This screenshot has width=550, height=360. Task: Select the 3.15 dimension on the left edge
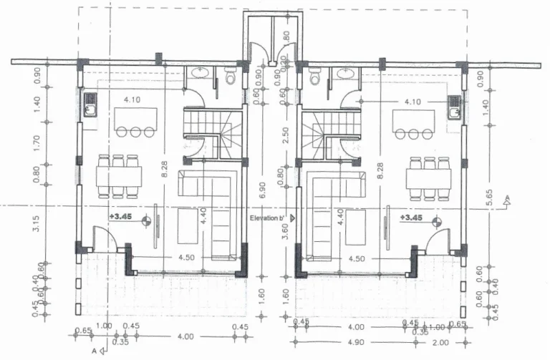(x=37, y=224)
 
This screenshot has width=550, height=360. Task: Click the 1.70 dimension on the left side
(x=37, y=145)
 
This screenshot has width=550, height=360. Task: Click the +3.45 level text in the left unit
(x=120, y=215)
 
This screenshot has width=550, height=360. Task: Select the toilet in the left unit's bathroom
(x=231, y=76)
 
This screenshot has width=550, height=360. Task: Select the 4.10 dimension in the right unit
(x=412, y=102)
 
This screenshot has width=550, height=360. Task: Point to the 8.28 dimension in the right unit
(x=380, y=170)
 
